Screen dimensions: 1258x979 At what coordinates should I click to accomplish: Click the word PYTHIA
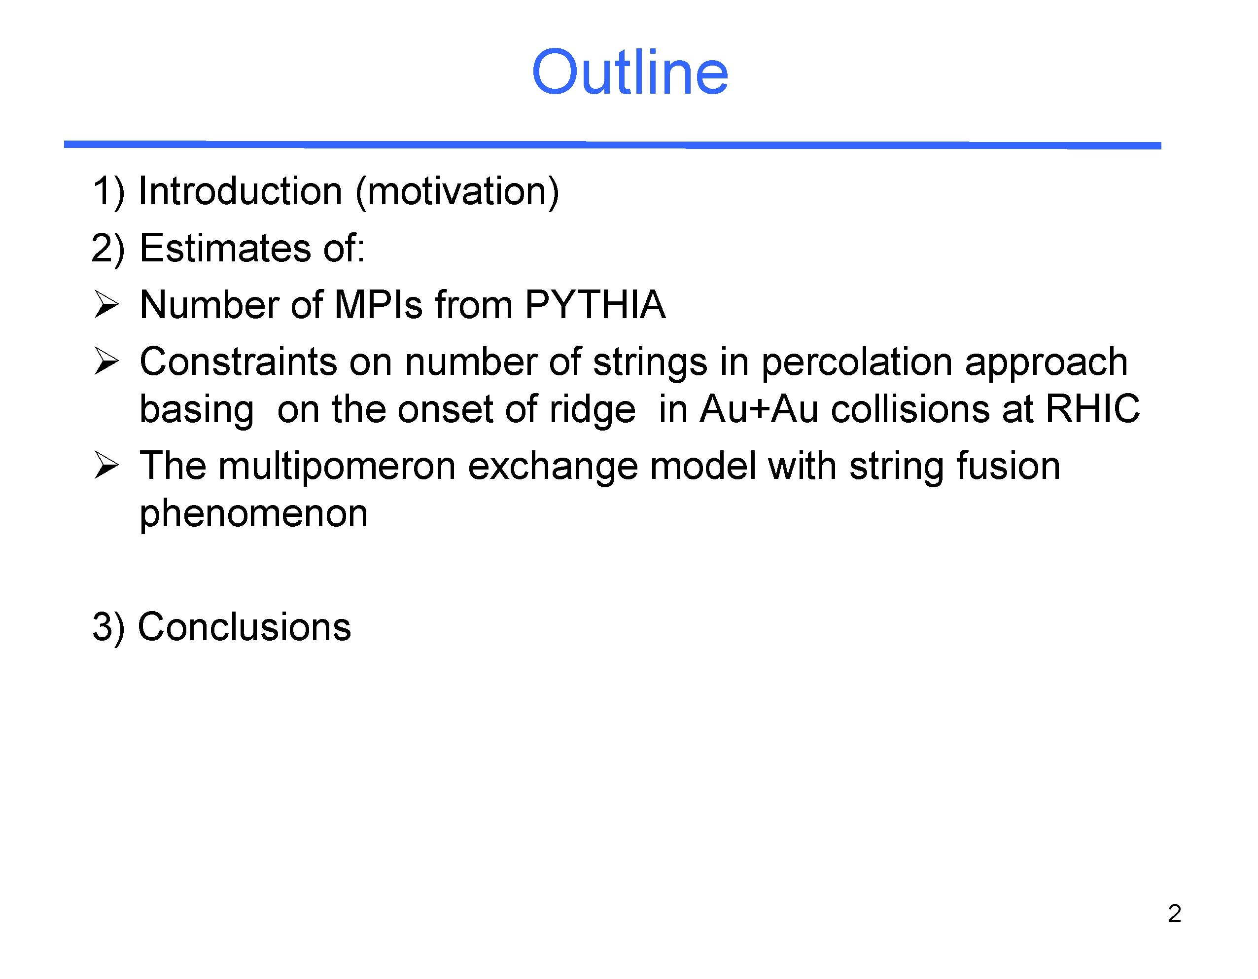(595, 304)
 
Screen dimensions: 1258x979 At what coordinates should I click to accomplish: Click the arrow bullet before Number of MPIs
(106, 305)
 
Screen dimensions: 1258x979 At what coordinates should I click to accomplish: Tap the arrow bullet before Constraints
(106, 362)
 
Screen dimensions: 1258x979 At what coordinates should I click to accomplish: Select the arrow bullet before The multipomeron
(106, 466)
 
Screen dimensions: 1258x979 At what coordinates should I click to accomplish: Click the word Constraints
(238, 362)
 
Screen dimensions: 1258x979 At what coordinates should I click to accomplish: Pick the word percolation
(857, 362)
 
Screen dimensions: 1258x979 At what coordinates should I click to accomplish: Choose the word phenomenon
(253, 513)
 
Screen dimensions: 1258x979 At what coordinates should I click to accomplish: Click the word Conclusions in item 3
(244, 626)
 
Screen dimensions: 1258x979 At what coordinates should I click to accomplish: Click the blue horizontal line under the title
(612, 145)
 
